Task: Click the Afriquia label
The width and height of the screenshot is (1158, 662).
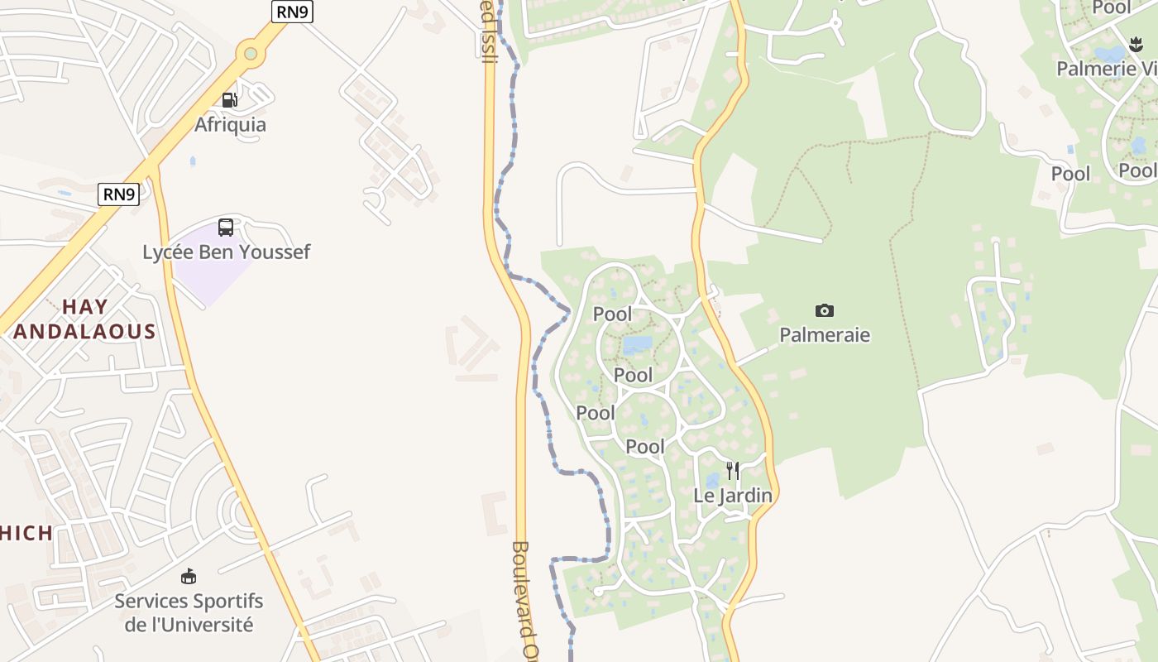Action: point(230,125)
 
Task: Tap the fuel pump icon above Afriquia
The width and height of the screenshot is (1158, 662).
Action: point(229,100)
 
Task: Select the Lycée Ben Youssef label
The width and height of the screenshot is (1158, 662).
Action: point(226,252)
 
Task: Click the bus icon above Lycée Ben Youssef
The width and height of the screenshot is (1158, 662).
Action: point(226,228)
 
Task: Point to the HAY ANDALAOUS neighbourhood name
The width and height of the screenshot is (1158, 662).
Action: point(85,319)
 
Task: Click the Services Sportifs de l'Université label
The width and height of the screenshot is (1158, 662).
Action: point(189,612)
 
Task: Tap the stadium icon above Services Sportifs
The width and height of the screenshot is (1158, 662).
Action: point(189,576)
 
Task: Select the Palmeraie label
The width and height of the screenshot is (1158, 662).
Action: point(825,335)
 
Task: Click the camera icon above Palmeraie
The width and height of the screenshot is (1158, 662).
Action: point(825,311)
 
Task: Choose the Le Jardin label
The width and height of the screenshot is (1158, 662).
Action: point(733,496)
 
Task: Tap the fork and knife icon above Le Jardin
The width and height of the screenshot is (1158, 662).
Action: point(733,471)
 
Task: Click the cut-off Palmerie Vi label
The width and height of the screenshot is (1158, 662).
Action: point(1107,69)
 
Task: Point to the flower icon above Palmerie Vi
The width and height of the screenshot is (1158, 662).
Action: point(1135,44)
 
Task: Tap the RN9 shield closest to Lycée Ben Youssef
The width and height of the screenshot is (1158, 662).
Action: point(118,194)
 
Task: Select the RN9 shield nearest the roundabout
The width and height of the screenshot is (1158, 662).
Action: point(292,12)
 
